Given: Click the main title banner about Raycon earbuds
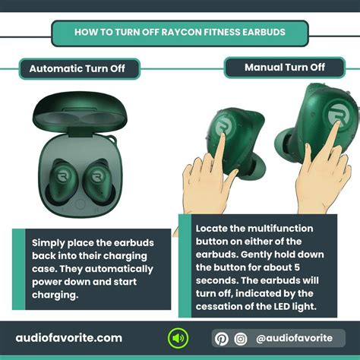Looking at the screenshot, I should tap(180, 33).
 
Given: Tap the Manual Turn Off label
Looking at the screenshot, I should tap(285, 68).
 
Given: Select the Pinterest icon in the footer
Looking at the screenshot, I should tap(221, 338).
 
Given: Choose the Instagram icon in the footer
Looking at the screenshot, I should tap(241, 338).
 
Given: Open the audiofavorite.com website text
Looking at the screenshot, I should tap(69, 337).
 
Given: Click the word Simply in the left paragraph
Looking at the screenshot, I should tap(50, 242).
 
